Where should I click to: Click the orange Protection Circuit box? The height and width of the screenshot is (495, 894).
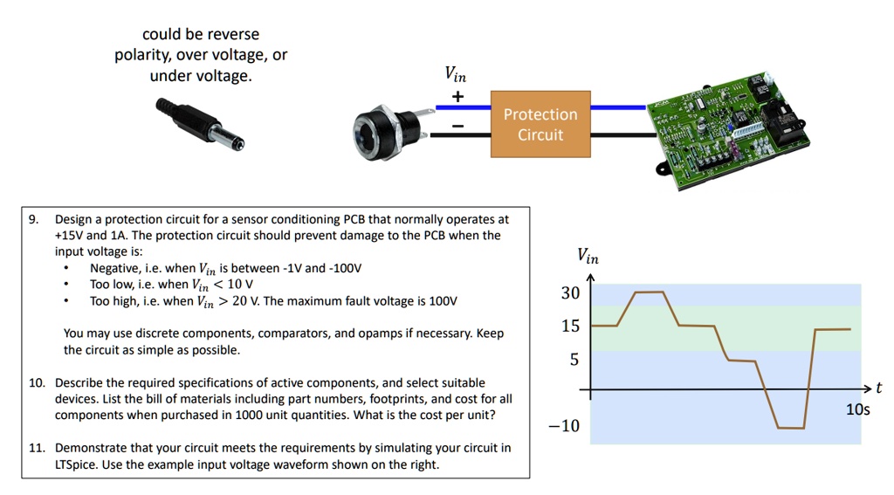[540, 124]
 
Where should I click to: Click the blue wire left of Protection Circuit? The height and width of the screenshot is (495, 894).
[463, 107]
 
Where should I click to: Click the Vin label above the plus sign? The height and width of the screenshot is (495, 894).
[456, 74]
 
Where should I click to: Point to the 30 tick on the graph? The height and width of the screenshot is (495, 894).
[570, 293]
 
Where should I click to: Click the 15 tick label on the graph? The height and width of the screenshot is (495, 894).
[570, 327]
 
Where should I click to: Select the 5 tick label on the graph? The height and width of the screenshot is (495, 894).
[574, 360]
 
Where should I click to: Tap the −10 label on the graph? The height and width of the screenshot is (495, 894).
[563, 426]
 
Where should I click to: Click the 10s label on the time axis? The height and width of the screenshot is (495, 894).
[858, 409]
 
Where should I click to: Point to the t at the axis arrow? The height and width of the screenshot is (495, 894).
[879, 388]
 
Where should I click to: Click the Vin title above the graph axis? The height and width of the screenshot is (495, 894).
[588, 256]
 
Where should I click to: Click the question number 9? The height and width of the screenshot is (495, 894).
[33, 219]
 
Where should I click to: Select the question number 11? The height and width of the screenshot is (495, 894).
[37, 448]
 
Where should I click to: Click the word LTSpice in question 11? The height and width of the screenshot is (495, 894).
[76, 464]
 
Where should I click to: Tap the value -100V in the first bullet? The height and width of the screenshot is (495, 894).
[346, 268]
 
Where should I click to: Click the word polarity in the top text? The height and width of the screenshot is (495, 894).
[143, 55]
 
